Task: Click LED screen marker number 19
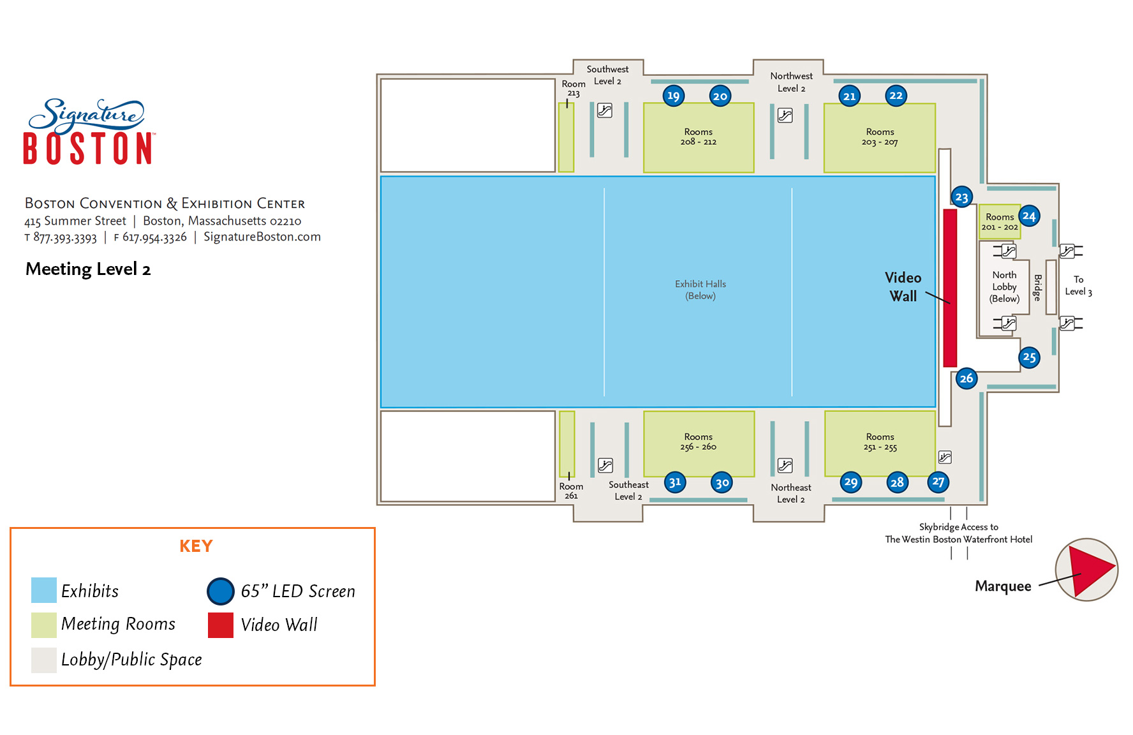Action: point(673,96)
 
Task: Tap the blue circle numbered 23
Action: point(961,197)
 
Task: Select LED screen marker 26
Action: point(966,378)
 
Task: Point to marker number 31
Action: point(675,482)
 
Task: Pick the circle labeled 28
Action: point(897,482)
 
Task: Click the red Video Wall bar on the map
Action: point(950,287)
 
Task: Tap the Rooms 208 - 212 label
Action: point(698,137)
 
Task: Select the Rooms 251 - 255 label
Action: point(880,442)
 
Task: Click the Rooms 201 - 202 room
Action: point(998,222)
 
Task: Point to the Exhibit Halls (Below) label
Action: point(700,290)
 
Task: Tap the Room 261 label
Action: point(571,491)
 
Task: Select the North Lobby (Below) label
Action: point(1004,286)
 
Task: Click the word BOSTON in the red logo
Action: point(88,149)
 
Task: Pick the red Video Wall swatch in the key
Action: point(221,625)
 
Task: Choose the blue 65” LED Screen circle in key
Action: point(221,591)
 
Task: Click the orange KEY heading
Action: point(196,546)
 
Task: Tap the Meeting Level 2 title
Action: point(88,269)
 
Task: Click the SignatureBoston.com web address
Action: point(262,237)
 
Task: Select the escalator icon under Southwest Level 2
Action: point(604,110)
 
